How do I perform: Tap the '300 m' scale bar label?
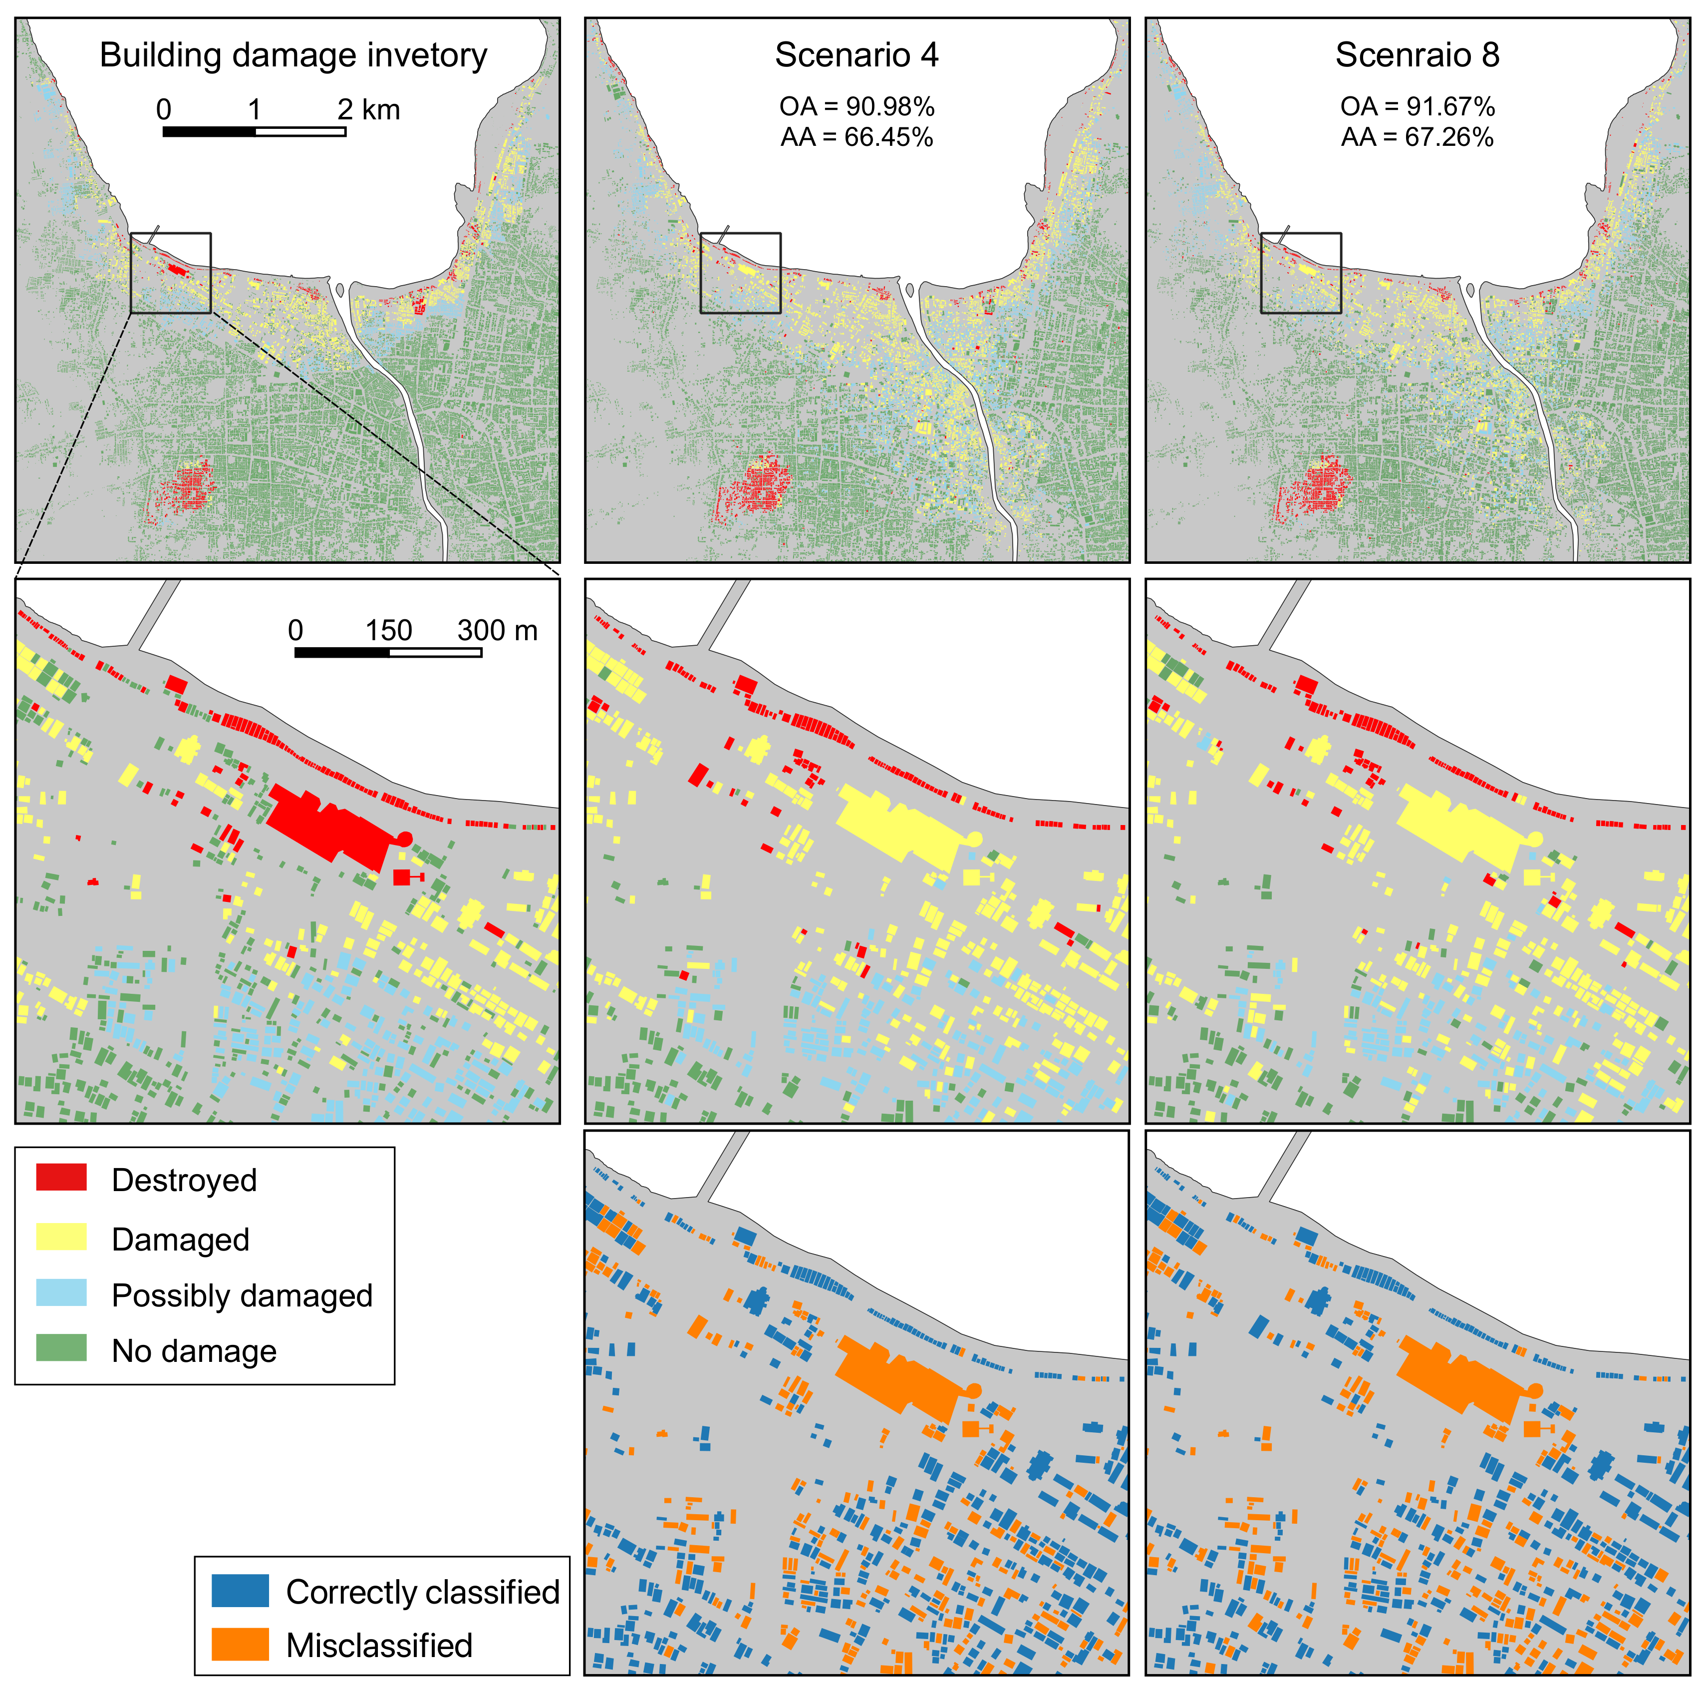click(x=497, y=630)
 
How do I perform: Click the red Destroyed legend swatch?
click(x=61, y=1178)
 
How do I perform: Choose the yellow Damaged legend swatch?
click(x=61, y=1237)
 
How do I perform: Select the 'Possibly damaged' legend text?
click(x=242, y=1295)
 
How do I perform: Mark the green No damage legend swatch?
click(x=61, y=1348)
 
